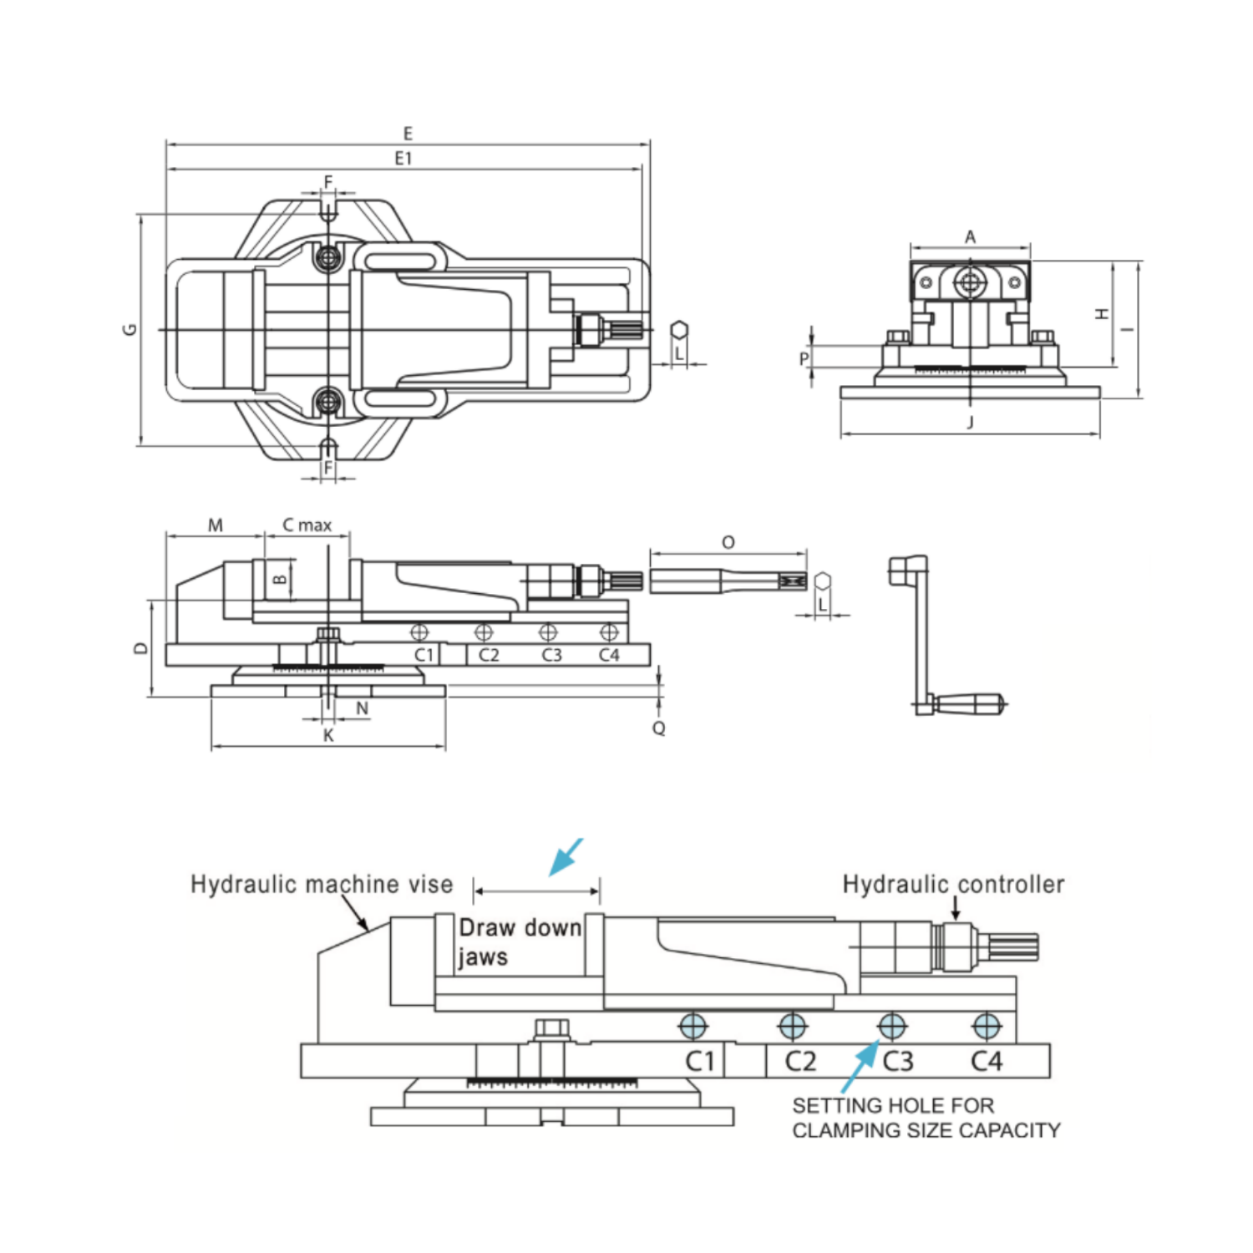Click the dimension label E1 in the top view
[x=403, y=158]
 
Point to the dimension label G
[x=129, y=329]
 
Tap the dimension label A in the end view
[x=970, y=237]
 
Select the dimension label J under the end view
[x=970, y=423]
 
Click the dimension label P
[x=804, y=358]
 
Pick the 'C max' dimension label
[x=307, y=525]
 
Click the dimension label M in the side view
[x=216, y=525]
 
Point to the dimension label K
[x=328, y=735]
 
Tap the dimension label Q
[x=659, y=728]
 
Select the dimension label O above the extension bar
[x=728, y=543]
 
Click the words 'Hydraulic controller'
[x=953, y=885]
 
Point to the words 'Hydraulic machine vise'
[x=322, y=885]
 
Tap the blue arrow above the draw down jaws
[x=566, y=857]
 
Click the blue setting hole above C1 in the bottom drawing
[x=693, y=1025]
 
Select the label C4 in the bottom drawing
[x=987, y=1061]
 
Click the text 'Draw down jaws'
[x=520, y=941]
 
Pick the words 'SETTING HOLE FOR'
[x=893, y=1106]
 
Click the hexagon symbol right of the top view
[x=680, y=330]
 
